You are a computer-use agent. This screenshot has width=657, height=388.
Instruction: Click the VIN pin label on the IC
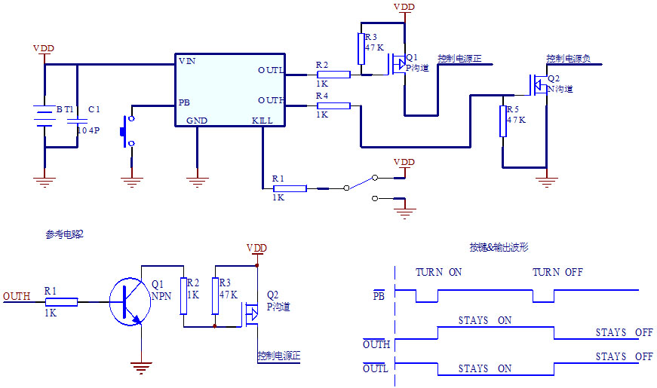click(x=186, y=60)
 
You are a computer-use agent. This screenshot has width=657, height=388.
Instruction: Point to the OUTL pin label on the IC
click(x=271, y=70)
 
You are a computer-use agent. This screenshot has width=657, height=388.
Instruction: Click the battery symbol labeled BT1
click(x=45, y=118)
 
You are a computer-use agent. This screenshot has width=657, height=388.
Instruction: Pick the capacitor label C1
click(x=94, y=109)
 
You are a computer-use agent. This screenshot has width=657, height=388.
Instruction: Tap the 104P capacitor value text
click(x=89, y=130)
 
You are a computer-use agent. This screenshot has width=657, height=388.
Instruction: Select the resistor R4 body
click(x=333, y=105)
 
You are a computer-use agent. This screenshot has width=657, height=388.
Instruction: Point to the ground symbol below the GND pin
click(x=197, y=179)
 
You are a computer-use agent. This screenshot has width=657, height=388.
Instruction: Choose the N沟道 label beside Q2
click(x=560, y=89)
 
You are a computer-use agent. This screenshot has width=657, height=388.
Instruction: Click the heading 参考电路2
click(x=65, y=234)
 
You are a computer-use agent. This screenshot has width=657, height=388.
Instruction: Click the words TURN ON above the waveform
click(x=439, y=272)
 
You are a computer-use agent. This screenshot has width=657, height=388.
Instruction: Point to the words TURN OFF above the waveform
click(x=557, y=272)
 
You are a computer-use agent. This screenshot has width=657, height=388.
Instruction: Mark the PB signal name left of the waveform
click(x=379, y=295)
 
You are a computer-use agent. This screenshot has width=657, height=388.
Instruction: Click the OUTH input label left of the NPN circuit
click(x=17, y=296)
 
